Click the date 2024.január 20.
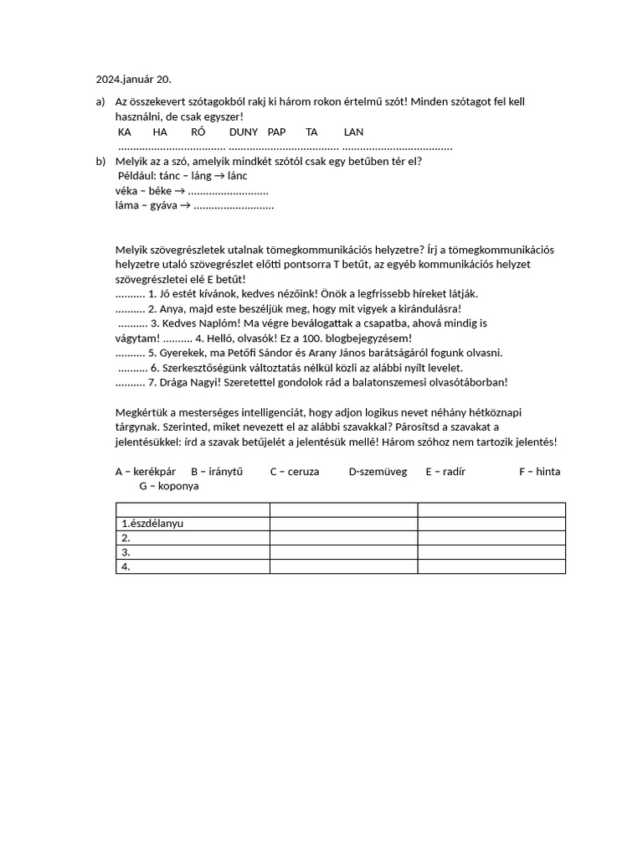(x=133, y=80)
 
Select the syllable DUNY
(x=244, y=132)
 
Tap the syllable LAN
(x=353, y=132)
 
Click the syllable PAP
(x=277, y=132)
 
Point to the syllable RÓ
(x=198, y=132)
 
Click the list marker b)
(x=100, y=161)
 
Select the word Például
(x=138, y=176)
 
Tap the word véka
(x=127, y=191)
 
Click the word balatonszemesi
(x=392, y=382)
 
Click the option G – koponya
(x=169, y=485)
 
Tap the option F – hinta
(x=539, y=471)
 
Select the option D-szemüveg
(x=378, y=471)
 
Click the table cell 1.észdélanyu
(x=152, y=524)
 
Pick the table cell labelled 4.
(x=126, y=566)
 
